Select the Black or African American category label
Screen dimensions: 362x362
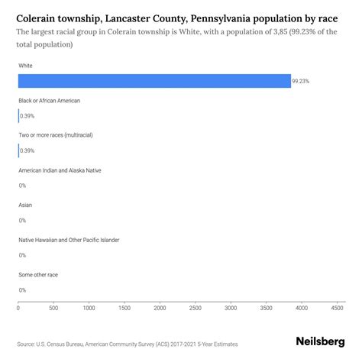(x=49, y=101)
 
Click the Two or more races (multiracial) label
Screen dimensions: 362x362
(x=55, y=135)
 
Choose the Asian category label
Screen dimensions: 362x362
(x=25, y=205)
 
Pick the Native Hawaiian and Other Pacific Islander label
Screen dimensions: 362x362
(x=69, y=240)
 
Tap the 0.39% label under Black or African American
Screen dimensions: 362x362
(x=27, y=116)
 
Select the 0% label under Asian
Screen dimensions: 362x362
(x=22, y=221)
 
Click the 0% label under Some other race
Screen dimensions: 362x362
(x=22, y=290)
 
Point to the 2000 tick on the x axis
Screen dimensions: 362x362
(x=160, y=309)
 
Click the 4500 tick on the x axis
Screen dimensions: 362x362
(x=337, y=309)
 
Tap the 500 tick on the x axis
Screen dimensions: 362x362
(x=53, y=309)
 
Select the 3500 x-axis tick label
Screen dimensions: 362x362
(x=266, y=309)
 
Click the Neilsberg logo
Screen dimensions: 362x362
(x=319, y=342)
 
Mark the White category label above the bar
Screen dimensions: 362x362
(x=25, y=66)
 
